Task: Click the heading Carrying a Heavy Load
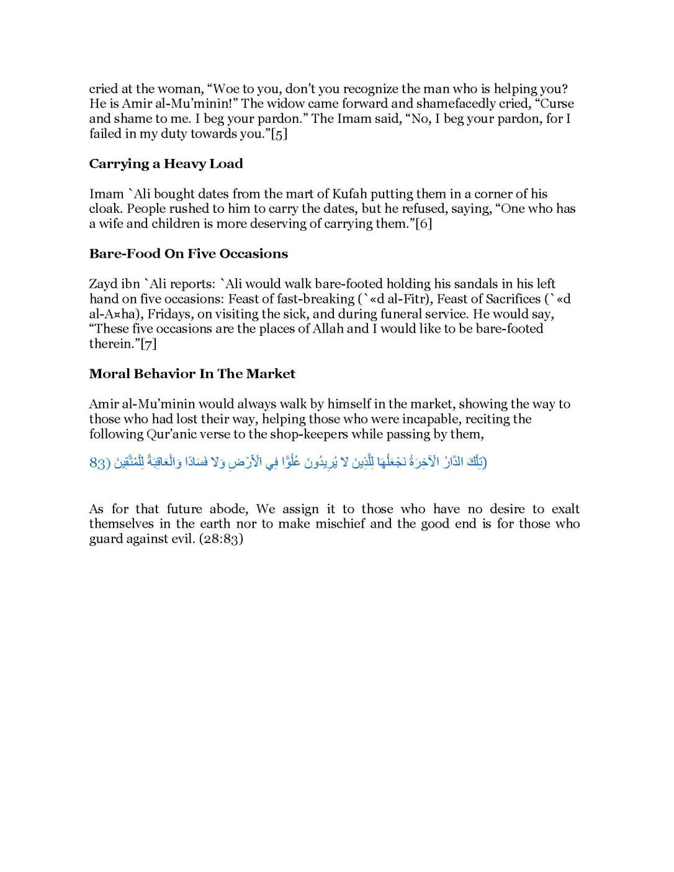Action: (x=166, y=164)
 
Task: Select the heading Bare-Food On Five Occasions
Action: (x=188, y=254)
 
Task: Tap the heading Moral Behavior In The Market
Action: (x=192, y=374)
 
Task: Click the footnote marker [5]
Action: (x=279, y=134)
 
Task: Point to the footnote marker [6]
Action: (x=423, y=224)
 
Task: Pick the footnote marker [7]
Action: (x=148, y=344)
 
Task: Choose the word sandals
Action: (x=475, y=284)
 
